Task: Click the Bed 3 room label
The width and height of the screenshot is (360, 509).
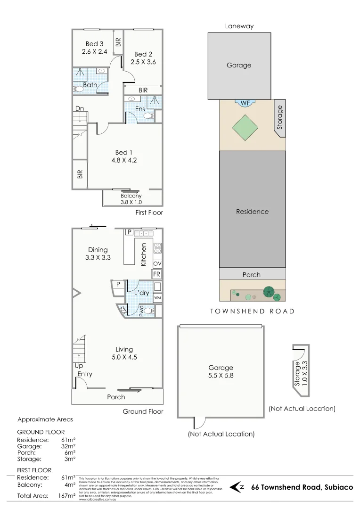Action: (95, 44)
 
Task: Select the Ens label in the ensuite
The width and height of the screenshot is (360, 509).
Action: (140, 109)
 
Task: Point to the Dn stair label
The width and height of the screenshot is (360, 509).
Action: (80, 108)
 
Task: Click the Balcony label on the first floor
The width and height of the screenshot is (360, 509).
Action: (131, 196)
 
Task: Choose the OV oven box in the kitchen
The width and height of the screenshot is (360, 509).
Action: (157, 263)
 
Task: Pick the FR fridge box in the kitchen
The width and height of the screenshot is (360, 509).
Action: (157, 274)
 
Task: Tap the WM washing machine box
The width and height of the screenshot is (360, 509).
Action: (157, 298)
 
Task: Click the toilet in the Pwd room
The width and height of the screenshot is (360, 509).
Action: (149, 311)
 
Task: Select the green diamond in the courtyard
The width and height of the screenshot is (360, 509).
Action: (245, 127)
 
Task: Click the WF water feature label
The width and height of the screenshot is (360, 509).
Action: (245, 102)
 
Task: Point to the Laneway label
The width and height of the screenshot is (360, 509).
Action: (239, 26)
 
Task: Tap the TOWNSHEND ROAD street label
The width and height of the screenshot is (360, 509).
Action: (252, 311)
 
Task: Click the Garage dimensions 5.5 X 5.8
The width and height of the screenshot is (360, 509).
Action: (221, 377)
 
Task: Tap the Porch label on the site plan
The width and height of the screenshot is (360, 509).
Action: (251, 275)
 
